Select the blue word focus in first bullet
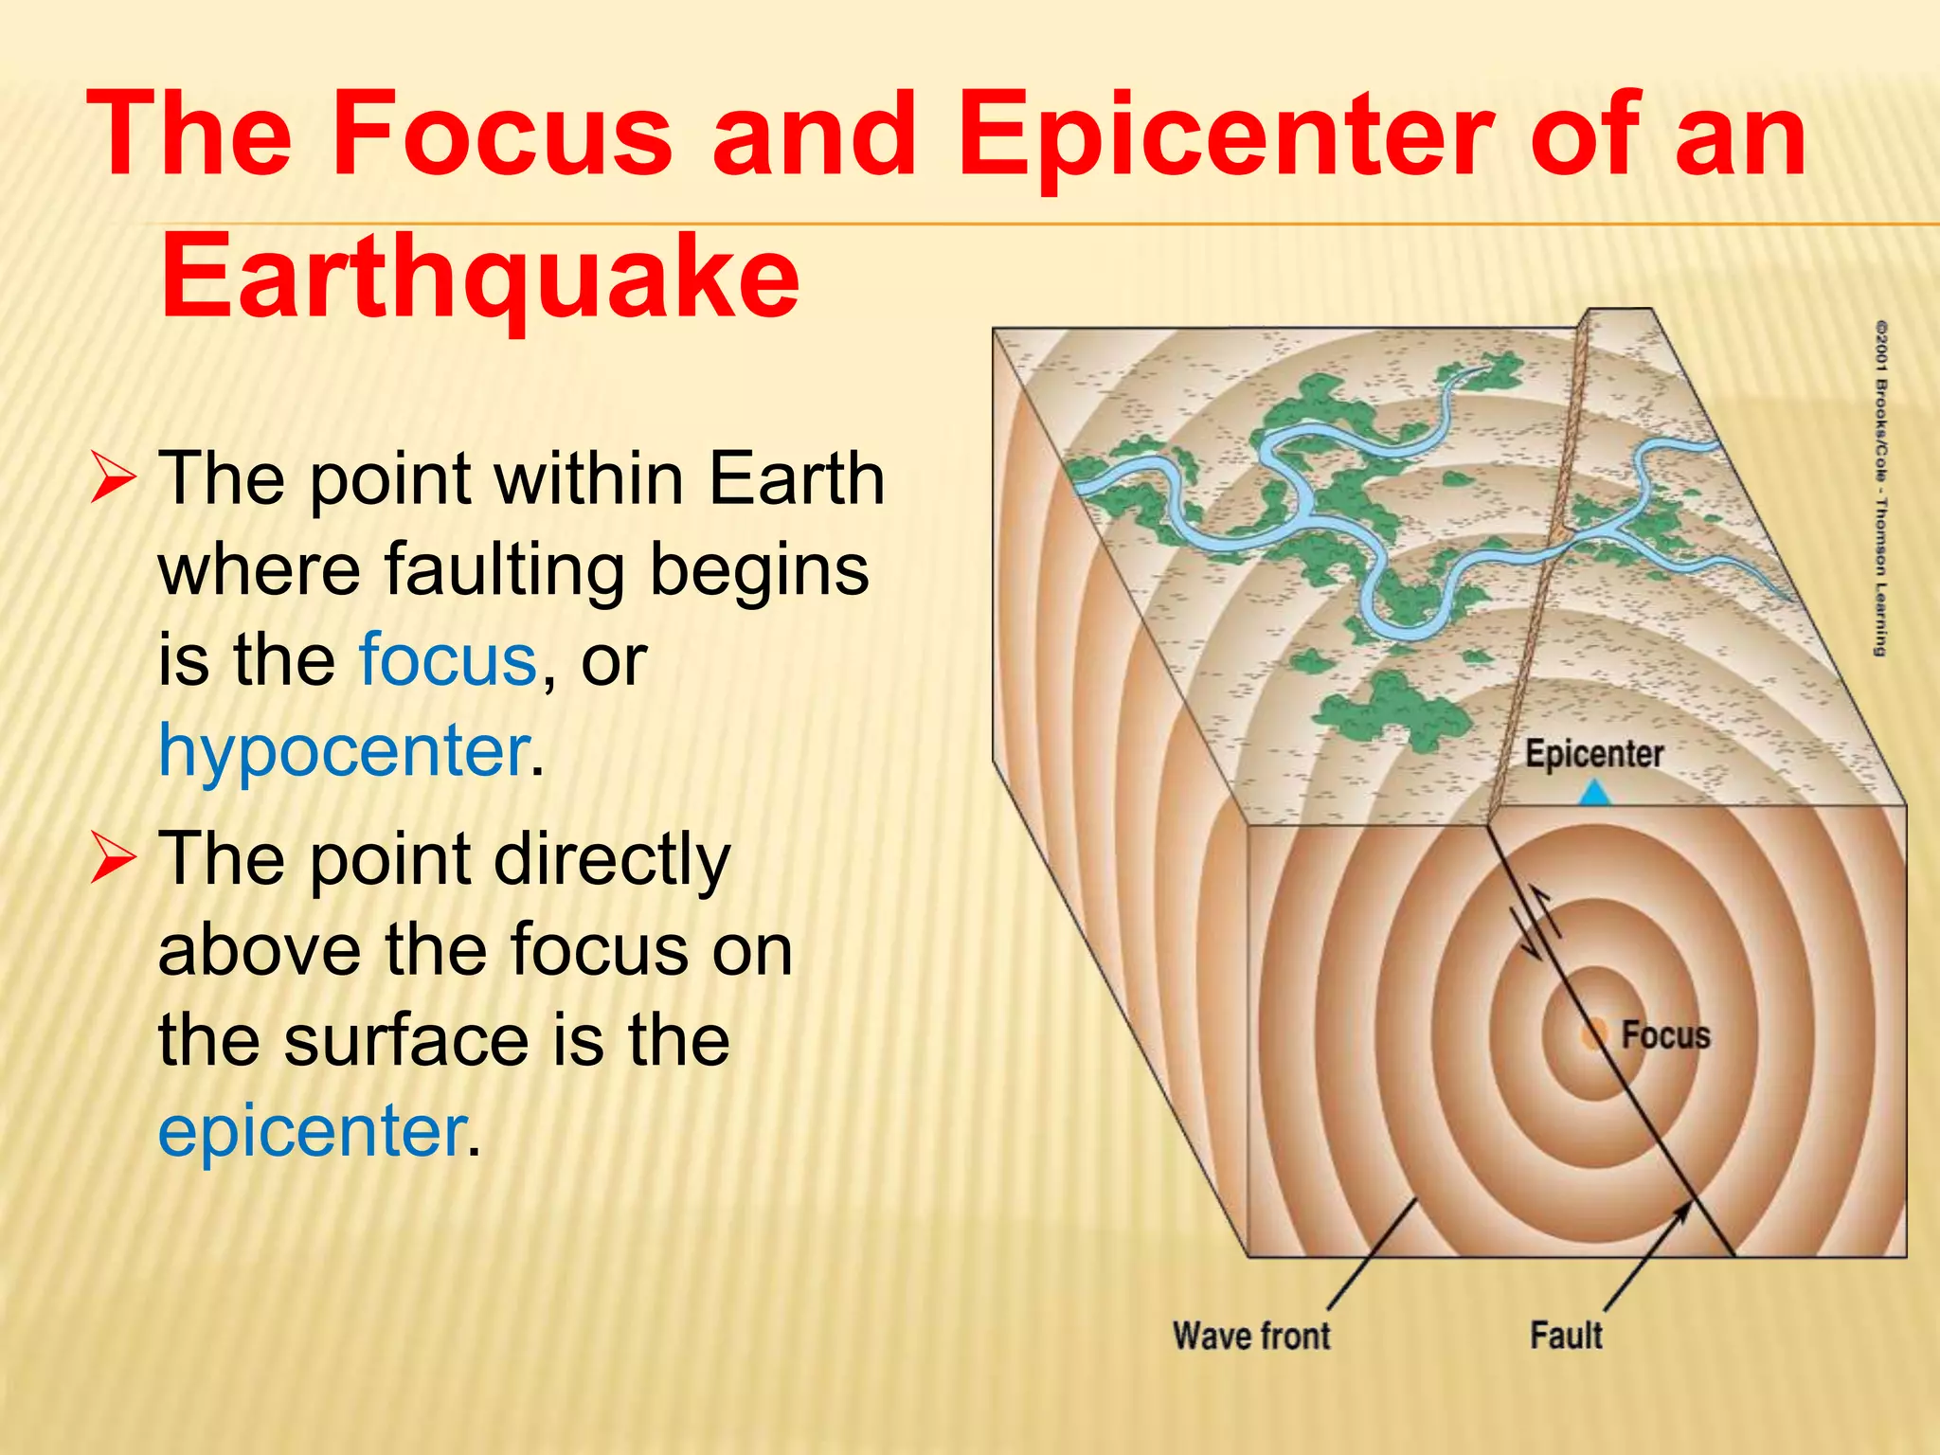coord(448,659)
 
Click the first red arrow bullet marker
coord(113,478)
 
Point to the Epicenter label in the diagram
coord(1593,754)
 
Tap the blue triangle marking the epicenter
coord(1595,793)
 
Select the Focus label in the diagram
coord(1665,1034)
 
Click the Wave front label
coord(1251,1336)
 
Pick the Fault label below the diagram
coord(1566,1335)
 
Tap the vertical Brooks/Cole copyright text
coord(1881,488)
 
